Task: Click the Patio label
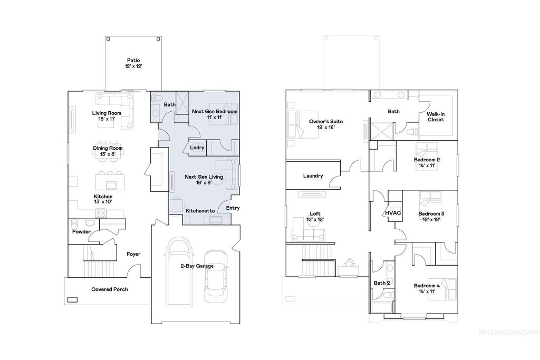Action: coord(133,63)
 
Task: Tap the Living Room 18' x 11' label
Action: coord(107,116)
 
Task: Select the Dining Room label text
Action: coord(108,151)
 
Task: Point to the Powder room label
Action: coord(81,231)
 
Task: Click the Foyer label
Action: coord(133,254)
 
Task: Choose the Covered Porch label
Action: coord(109,289)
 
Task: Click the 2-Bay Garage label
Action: coord(197,266)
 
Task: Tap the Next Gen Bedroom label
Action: coord(214,114)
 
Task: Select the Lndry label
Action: coord(197,148)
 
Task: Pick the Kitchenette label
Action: coord(200,210)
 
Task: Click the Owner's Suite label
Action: coord(325,124)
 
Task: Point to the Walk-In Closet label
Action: coord(435,116)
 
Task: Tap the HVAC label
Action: coord(393,212)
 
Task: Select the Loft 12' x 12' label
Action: coord(316,216)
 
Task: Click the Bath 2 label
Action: coord(381,283)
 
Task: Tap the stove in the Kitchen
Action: coord(101,213)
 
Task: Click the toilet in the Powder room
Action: coord(74,222)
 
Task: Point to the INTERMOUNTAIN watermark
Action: coord(508,332)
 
